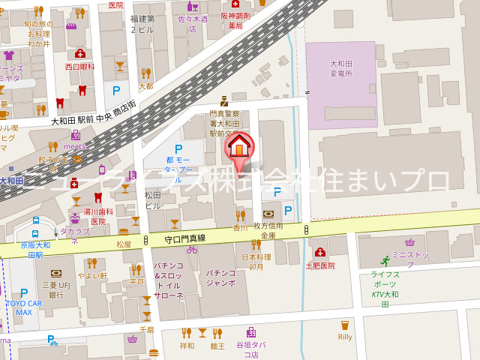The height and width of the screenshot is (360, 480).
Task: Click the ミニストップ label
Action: click(409, 254)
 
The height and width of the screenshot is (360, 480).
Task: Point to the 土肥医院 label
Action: click(320, 265)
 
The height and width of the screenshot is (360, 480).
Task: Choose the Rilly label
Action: click(345, 337)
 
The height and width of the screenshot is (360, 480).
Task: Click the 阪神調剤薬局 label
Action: click(235, 20)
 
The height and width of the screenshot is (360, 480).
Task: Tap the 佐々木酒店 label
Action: click(193, 22)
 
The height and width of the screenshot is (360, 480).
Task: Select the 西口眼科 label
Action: click(80, 66)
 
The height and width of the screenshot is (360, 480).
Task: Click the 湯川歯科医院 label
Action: click(98, 217)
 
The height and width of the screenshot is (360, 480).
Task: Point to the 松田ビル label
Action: click(153, 199)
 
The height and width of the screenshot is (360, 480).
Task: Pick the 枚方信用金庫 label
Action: click(267, 230)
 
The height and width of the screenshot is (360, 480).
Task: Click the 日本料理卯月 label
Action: click(255, 261)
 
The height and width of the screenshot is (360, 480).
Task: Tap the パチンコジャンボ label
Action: click(221, 277)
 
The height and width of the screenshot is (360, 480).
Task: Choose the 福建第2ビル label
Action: click(142, 23)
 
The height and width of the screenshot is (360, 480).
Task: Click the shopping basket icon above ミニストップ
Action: click(409, 241)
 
